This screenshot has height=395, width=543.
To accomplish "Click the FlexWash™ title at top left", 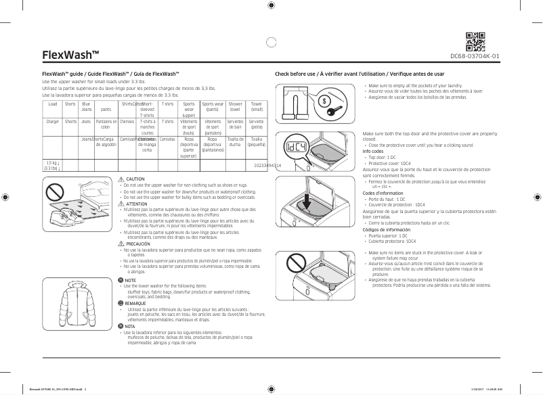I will pos(70,55).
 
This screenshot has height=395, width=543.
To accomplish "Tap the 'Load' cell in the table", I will pos(53,104).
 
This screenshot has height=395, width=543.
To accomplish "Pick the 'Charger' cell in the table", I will pos(53,121).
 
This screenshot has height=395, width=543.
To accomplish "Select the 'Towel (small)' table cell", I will pos(257,107).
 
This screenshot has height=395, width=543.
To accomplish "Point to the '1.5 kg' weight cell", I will pos(51,163).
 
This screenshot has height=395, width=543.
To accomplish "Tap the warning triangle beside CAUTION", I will pos(121,179).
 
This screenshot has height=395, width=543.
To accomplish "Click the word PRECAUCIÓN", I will pos(137,243).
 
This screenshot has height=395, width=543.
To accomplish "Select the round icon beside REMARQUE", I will pos(121,304).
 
